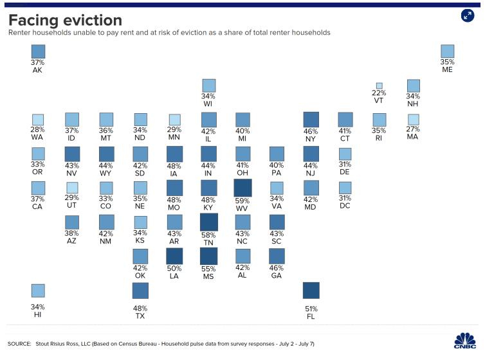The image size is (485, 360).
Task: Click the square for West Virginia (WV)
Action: (x=243, y=188)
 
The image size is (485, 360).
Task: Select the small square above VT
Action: (x=380, y=85)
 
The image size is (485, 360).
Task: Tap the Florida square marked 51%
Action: (x=311, y=291)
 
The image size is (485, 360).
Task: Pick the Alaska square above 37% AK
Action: (x=38, y=51)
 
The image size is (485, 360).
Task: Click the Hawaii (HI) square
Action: (x=38, y=291)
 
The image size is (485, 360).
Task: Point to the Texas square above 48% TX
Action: (x=140, y=291)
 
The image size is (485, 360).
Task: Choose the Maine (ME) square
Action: (x=448, y=51)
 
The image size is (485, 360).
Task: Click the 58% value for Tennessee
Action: (x=208, y=235)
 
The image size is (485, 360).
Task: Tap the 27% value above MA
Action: (x=413, y=129)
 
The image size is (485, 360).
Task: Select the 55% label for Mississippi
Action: (x=208, y=269)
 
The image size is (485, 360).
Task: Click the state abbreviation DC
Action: (x=345, y=206)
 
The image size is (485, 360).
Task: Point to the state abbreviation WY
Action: (x=105, y=173)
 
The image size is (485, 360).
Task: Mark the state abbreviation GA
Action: (x=277, y=276)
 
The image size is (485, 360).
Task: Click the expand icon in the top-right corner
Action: (x=468, y=15)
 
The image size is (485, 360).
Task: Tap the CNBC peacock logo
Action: (x=465, y=341)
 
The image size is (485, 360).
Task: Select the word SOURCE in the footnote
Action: (x=19, y=344)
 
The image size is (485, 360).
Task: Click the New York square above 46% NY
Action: (x=311, y=120)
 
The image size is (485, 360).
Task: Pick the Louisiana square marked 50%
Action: (x=174, y=256)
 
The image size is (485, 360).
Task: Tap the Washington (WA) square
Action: (x=38, y=120)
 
